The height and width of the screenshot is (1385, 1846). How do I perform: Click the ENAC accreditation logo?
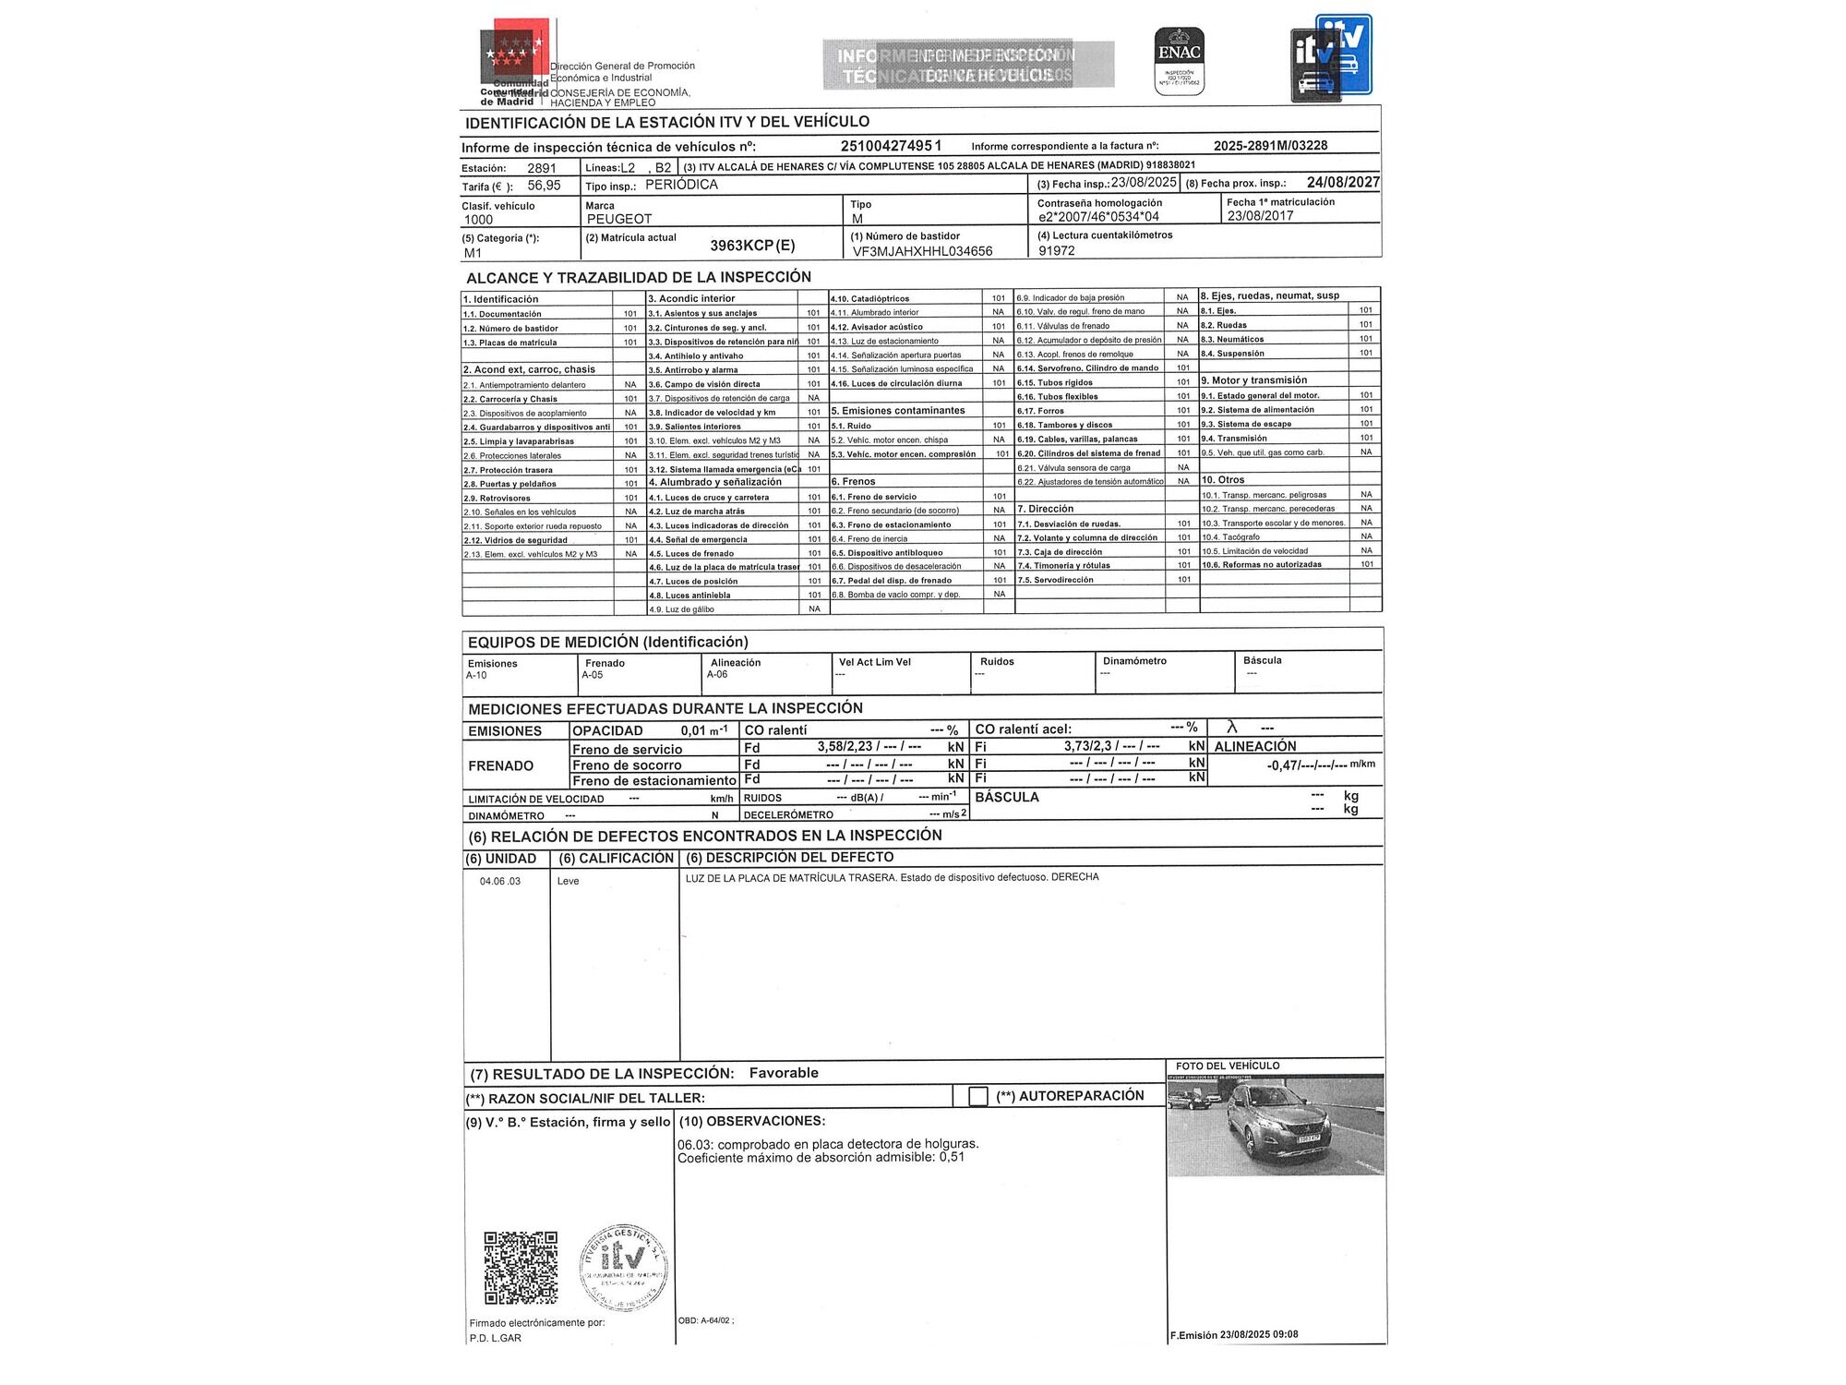pos(1180,60)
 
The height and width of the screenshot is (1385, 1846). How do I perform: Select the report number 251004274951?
pos(891,146)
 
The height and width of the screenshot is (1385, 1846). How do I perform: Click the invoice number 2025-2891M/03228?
pos(1270,146)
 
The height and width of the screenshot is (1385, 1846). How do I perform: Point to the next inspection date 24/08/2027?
pos(1342,183)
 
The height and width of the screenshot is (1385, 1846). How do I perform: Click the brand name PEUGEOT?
pos(619,219)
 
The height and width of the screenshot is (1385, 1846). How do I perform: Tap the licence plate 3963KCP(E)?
pos(752,246)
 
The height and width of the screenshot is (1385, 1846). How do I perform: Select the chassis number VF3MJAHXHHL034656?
pos(922,251)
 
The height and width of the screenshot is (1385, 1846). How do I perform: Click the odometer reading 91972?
pos(1057,250)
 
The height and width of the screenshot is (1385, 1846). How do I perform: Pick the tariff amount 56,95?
pos(544,186)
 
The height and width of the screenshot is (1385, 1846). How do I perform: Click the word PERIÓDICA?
pos(681,185)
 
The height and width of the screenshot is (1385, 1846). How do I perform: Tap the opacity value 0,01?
pos(693,731)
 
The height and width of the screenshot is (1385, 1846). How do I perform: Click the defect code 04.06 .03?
pos(500,882)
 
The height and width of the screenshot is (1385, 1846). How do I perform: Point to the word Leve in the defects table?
pos(568,882)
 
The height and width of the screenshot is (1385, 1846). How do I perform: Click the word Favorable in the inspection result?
pos(784,1073)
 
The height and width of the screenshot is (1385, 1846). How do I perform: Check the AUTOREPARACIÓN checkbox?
pos(977,1096)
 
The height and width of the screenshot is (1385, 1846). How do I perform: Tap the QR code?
pos(521,1267)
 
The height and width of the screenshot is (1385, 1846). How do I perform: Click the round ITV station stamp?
pos(624,1269)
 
